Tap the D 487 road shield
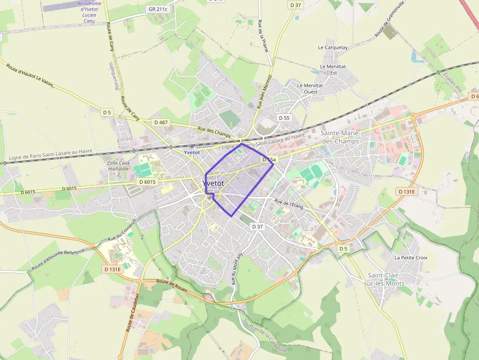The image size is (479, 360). point(160,122)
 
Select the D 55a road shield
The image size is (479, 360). point(268,160)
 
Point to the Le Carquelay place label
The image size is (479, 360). point(333,47)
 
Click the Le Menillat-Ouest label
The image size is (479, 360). point(311,88)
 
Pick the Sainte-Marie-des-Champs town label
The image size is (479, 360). point(340,137)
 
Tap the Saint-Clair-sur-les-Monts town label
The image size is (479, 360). point(386,279)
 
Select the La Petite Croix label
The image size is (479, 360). point(411,257)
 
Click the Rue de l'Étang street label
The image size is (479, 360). point(289,205)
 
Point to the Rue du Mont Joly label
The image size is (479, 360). point(237,268)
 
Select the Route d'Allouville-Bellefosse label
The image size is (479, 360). point(58,259)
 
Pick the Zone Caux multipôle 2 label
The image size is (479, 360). point(118,169)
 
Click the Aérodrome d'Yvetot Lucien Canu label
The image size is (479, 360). point(89,12)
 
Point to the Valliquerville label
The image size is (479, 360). point(113,76)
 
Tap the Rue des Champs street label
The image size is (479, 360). point(214,132)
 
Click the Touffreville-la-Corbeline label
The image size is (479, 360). point(264,336)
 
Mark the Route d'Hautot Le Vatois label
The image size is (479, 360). point(30,75)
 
